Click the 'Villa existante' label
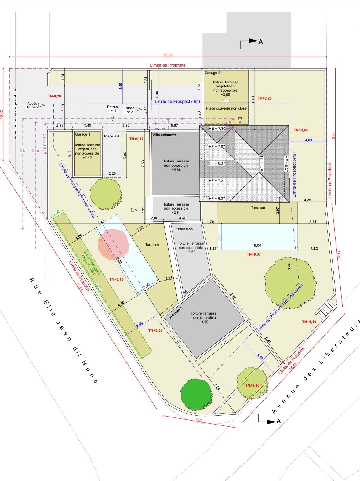coord(164,134)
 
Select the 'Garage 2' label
coord(213,73)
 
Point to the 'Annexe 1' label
coord(176,308)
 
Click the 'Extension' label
coord(184,229)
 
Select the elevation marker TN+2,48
coord(252,385)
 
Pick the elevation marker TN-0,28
coord(54,96)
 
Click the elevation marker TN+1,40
coord(309,322)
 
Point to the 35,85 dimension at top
coord(168,55)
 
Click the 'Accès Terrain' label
coord(32,105)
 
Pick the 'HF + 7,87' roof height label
coord(217,147)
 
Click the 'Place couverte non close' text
coord(226,108)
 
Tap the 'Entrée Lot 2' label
coord(129,110)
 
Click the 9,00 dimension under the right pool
coord(257,245)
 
